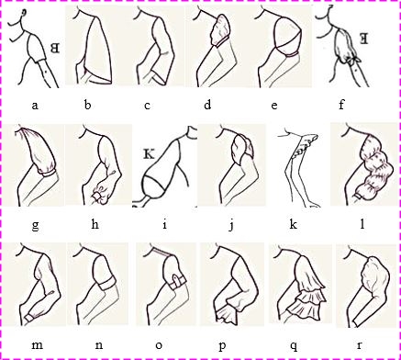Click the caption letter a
point(35,106)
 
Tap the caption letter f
point(341,105)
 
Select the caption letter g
point(35,227)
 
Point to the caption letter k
point(294,225)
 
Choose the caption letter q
point(294,346)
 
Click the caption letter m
point(37,345)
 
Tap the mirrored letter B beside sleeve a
point(55,49)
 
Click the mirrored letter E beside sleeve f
point(364,39)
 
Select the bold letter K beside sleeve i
point(149,154)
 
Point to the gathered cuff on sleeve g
point(49,173)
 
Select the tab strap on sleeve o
point(175,281)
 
